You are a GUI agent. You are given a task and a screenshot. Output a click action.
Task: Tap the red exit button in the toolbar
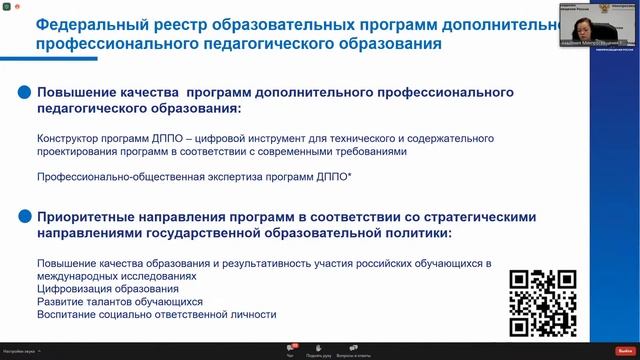tap(625, 350)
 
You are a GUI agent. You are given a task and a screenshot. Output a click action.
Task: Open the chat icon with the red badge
tap(291, 348)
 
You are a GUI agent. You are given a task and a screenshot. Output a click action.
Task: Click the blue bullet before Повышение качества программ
tap(23, 92)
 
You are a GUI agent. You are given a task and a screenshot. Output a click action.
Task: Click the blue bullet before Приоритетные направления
tap(23, 217)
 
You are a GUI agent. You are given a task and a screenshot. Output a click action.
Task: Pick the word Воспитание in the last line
tap(69, 314)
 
